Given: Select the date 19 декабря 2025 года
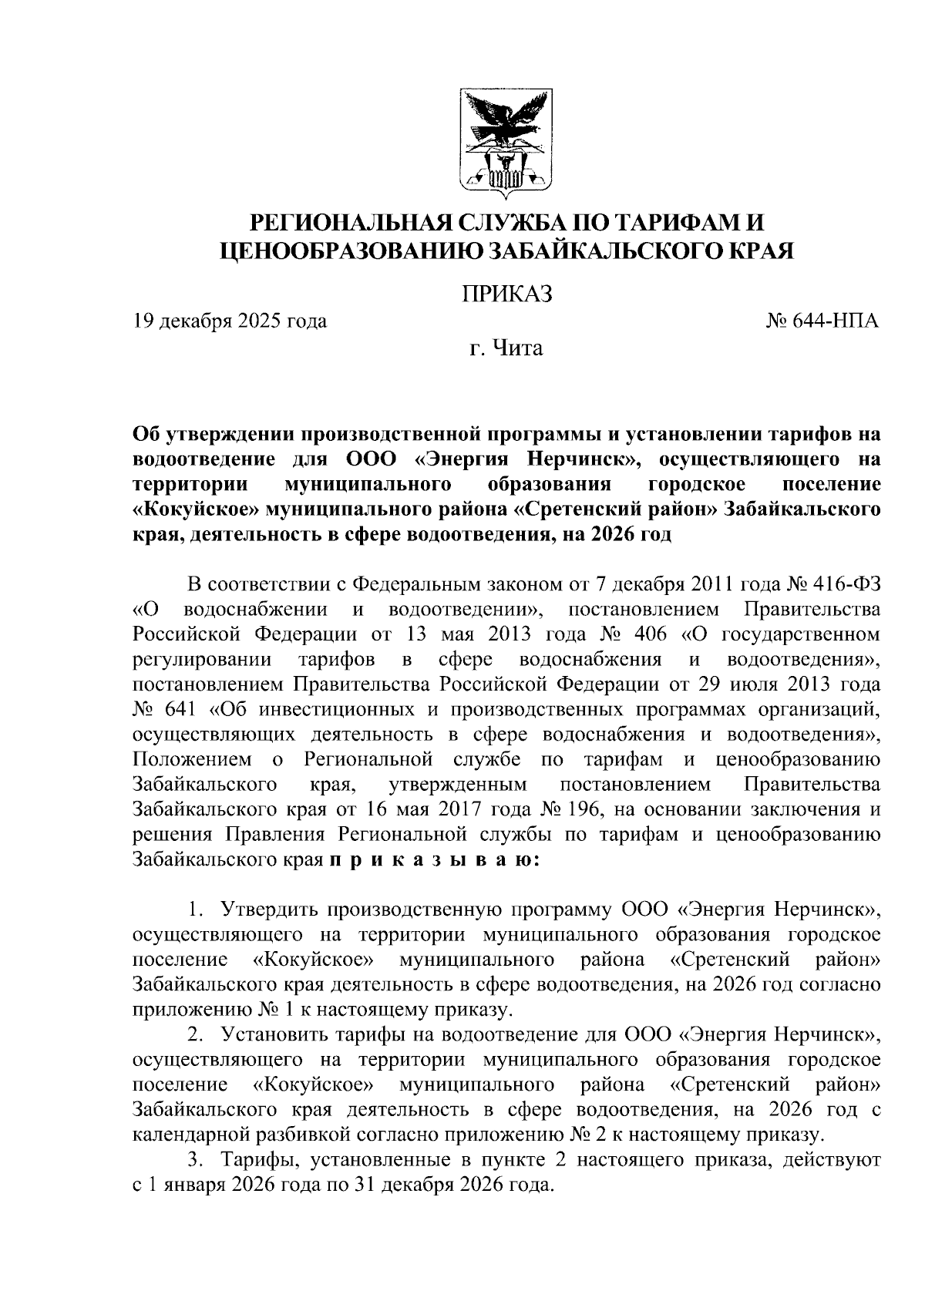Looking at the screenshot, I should click(x=229, y=321).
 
